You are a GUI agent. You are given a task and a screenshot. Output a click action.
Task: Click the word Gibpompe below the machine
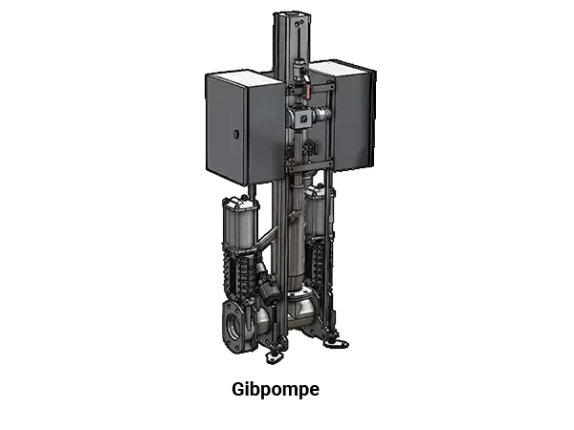pyautogui.click(x=276, y=390)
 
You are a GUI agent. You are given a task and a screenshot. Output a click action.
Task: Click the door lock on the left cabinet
pyautogui.click(x=236, y=134)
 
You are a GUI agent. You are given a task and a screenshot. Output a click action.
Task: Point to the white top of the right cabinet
pyautogui.click(x=339, y=69)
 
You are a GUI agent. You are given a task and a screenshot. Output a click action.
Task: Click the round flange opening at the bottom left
pyautogui.click(x=234, y=326)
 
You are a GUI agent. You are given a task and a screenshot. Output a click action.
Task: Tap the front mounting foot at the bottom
pyautogui.click(x=272, y=357)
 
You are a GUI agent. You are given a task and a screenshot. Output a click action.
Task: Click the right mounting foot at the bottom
pyautogui.click(x=336, y=343)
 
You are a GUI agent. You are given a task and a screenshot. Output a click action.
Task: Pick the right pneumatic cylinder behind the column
pyautogui.click(x=316, y=212)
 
